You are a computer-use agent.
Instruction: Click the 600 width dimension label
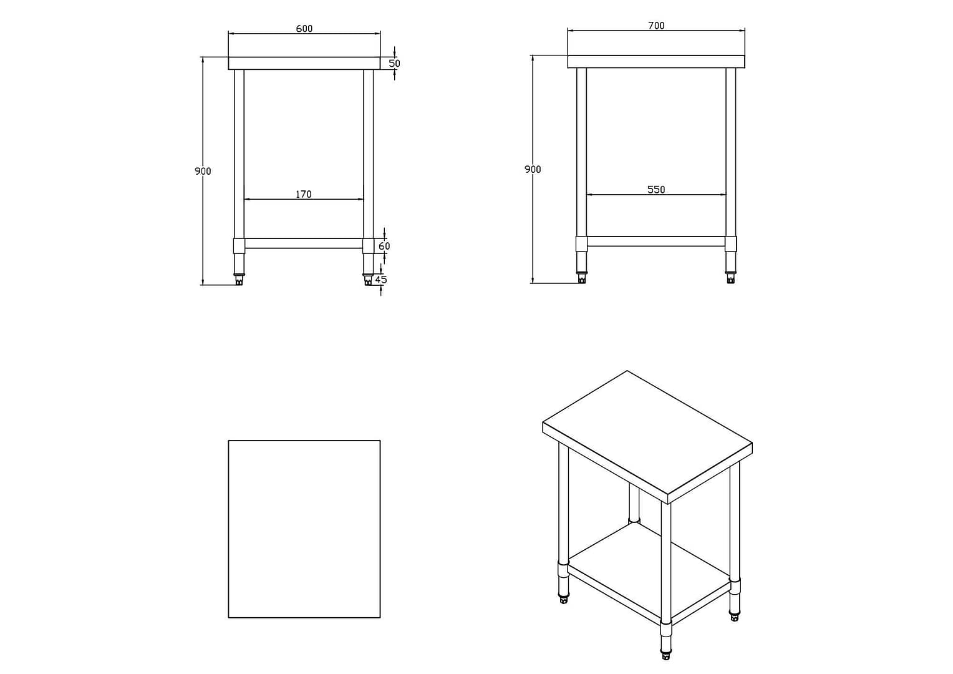pyautogui.click(x=304, y=29)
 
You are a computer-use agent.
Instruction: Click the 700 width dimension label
pyautogui.click(x=656, y=26)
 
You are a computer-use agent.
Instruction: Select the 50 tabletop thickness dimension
pyautogui.click(x=394, y=64)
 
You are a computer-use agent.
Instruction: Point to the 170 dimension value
pyautogui.click(x=303, y=194)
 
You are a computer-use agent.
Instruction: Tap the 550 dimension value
pyautogui.click(x=656, y=190)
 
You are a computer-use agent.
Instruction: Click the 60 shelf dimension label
pyautogui.click(x=384, y=246)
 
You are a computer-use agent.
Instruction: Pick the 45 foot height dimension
pyautogui.click(x=381, y=280)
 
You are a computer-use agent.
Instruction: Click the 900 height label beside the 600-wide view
pyautogui.click(x=203, y=171)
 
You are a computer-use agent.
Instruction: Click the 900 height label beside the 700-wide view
pyautogui.click(x=533, y=170)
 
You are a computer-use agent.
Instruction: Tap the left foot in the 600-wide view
pyautogui.click(x=239, y=280)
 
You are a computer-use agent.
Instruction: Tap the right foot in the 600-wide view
pyautogui.click(x=369, y=280)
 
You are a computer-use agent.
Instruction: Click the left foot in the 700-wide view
pyautogui.click(x=581, y=278)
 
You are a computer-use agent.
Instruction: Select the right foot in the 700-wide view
pyautogui.click(x=730, y=278)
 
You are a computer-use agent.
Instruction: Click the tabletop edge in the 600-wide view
pyautogui.click(x=304, y=63)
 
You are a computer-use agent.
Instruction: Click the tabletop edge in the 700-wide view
pyautogui.click(x=656, y=61)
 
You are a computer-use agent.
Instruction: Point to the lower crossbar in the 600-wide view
pyautogui.click(x=304, y=243)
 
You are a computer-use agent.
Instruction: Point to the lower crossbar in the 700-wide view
pyautogui.click(x=656, y=241)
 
